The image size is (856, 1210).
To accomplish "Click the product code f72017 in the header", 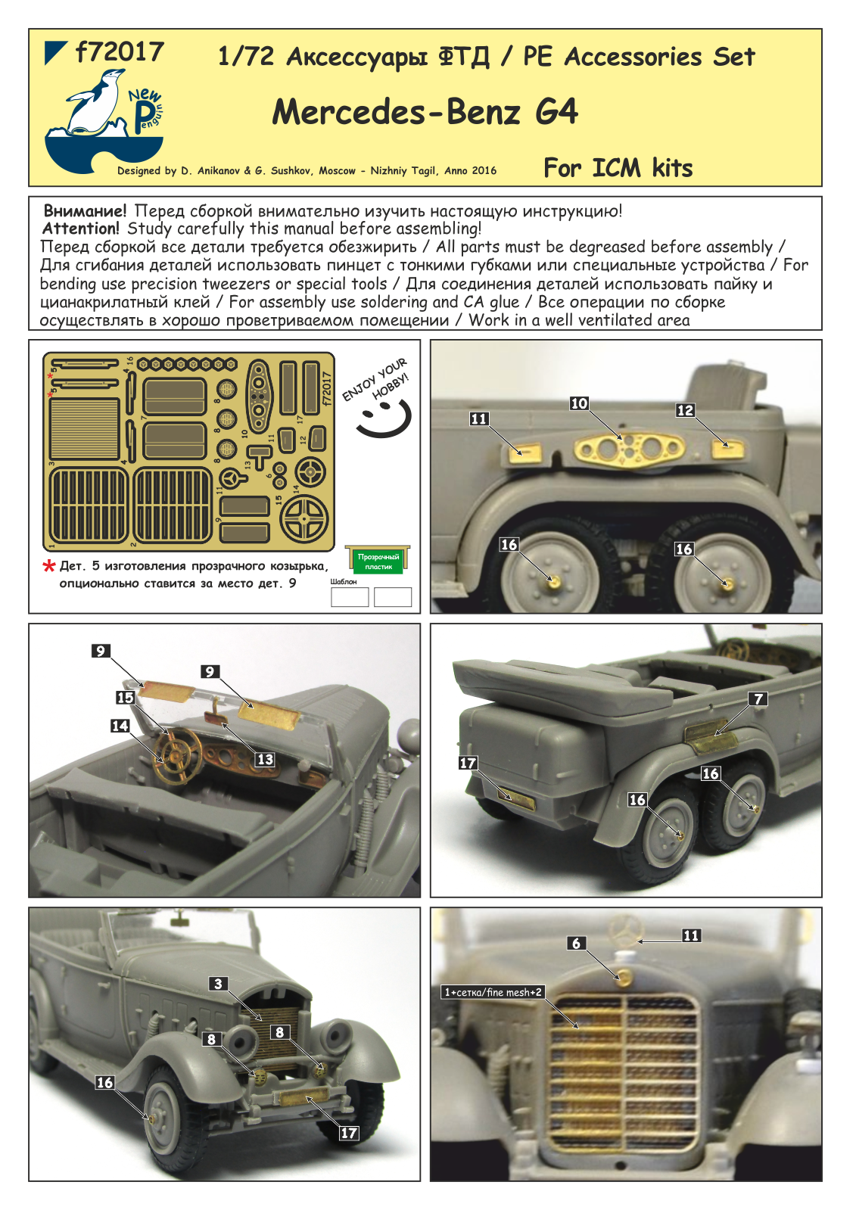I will click(120, 52).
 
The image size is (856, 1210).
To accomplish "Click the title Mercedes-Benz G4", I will click(425, 112).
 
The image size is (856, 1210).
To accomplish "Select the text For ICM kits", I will click(618, 167).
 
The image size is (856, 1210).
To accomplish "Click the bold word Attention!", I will click(81, 229).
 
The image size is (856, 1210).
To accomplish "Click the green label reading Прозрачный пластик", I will click(378, 561).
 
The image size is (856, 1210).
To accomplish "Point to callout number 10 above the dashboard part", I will click(579, 403).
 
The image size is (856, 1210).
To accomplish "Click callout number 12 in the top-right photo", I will click(685, 410).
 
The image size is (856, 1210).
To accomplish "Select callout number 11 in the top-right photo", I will click(479, 418).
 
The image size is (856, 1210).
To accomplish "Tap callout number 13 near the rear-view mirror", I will click(265, 759).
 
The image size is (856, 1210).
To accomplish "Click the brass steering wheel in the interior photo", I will click(178, 753).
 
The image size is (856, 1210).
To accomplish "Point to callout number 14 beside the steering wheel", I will click(120, 726).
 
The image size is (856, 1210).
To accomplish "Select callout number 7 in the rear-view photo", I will click(759, 698).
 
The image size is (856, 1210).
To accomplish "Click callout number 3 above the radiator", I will click(219, 984).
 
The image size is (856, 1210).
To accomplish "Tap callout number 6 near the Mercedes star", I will click(577, 943).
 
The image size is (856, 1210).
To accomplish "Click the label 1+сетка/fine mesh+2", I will click(493, 992).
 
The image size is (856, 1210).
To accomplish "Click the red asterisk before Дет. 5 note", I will click(49, 567).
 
